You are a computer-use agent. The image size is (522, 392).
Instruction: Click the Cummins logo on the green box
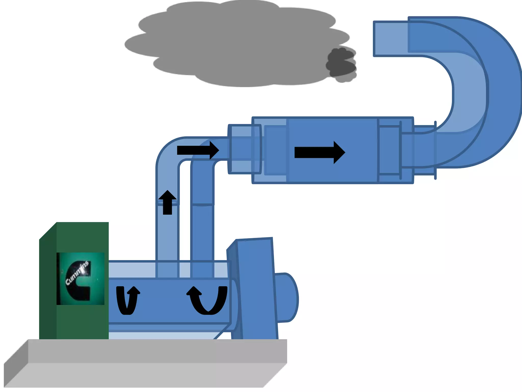[80, 278]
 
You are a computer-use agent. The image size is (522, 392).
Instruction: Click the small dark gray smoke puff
[341, 65]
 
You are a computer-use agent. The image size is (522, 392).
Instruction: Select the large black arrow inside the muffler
[320, 152]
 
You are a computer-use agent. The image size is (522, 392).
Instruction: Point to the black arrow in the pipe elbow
[198, 150]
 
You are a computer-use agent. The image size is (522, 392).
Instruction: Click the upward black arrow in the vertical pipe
[167, 202]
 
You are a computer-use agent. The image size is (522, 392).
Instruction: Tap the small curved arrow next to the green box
[128, 300]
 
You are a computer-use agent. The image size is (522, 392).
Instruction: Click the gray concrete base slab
[145, 363]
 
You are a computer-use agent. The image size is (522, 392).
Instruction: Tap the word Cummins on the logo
[77, 273]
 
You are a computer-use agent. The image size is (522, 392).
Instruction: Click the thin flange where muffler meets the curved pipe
[435, 150]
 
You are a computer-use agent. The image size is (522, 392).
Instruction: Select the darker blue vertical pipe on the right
[202, 219]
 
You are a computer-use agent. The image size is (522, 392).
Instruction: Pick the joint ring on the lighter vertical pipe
[167, 203]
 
